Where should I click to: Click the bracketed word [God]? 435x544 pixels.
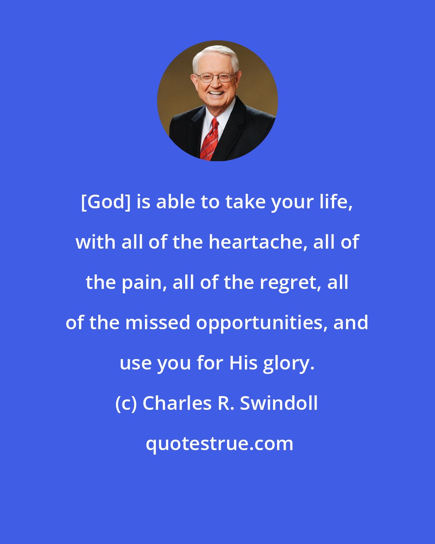click(x=106, y=202)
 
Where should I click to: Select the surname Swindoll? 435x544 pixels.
click(x=279, y=403)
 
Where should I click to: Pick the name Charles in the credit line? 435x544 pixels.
click(x=177, y=403)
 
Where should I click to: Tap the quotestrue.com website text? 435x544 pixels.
click(x=219, y=444)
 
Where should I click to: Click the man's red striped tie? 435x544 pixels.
click(x=209, y=139)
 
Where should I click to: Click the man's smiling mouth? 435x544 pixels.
click(x=216, y=93)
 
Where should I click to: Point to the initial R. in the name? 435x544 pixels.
click(x=225, y=403)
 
